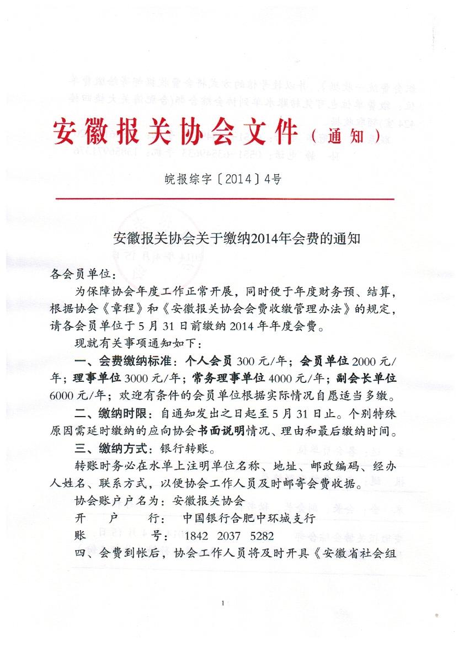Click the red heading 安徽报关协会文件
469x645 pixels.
(175, 132)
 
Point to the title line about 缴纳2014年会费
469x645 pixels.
(236, 239)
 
